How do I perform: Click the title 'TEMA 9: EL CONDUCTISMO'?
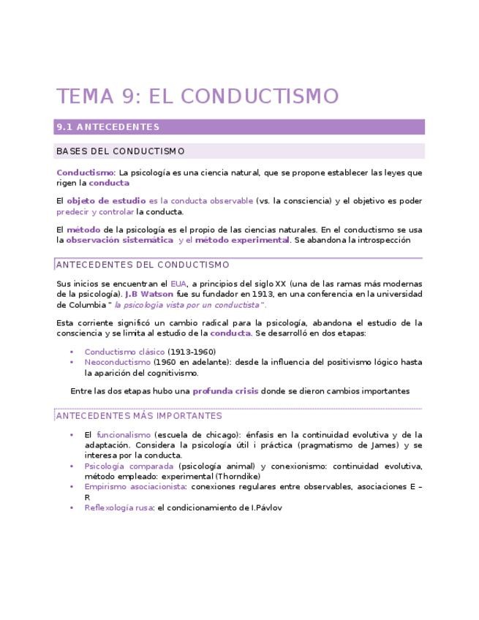(x=197, y=97)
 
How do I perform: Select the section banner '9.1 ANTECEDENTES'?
(x=108, y=127)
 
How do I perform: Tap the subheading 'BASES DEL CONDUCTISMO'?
(x=120, y=151)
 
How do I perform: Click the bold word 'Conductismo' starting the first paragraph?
(x=85, y=173)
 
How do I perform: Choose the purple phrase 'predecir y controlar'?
(x=95, y=211)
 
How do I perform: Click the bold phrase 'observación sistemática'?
(x=119, y=240)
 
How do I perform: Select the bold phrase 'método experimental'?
(x=242, y=240)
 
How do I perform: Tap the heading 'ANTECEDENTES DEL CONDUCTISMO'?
(x=143, y=265)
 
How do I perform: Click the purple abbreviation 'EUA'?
(x=178, y=284)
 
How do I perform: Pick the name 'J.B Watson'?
(x=149, y=294)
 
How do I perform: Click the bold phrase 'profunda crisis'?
(x=225, y=391)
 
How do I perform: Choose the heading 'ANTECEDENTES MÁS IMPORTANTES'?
(x=139, y=416)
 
